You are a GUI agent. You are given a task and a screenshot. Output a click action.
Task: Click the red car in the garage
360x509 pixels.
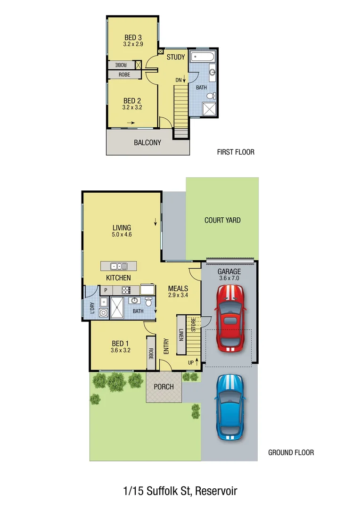click(x=230, y=319)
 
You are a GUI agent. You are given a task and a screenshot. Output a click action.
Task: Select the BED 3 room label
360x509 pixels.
click(x=133, y=37)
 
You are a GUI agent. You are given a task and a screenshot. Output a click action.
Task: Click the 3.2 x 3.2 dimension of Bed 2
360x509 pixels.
click(x=133, y=107)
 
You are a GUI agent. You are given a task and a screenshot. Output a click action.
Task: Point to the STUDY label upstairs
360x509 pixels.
click(x=176, y=57)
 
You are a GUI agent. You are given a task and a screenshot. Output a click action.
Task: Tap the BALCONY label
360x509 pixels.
click(x=147, y=142)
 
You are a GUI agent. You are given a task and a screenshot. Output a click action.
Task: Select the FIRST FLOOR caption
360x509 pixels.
click(x=236, y=152)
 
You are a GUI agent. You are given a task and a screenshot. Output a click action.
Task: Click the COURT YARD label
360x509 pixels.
click(x=222, y=220)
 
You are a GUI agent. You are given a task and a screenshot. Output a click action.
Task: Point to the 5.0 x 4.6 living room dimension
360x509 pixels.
click(x=122, y=234)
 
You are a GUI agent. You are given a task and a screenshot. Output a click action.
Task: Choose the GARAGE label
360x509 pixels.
click(x=229, y=272)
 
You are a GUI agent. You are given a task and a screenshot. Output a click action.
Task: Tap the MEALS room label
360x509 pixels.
click(x=178, y=288)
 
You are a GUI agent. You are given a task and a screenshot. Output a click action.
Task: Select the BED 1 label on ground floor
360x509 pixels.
click(x=120, y=343)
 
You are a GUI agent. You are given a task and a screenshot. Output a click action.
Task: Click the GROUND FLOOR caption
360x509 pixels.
click(x=291, y=452)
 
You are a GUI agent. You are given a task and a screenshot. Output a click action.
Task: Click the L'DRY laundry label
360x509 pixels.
click(x=91, y=308)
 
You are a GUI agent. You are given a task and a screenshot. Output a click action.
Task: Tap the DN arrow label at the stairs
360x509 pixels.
click(x=180, y=80)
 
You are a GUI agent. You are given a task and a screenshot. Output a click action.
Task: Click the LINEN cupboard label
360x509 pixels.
click(x=181, y=335)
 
